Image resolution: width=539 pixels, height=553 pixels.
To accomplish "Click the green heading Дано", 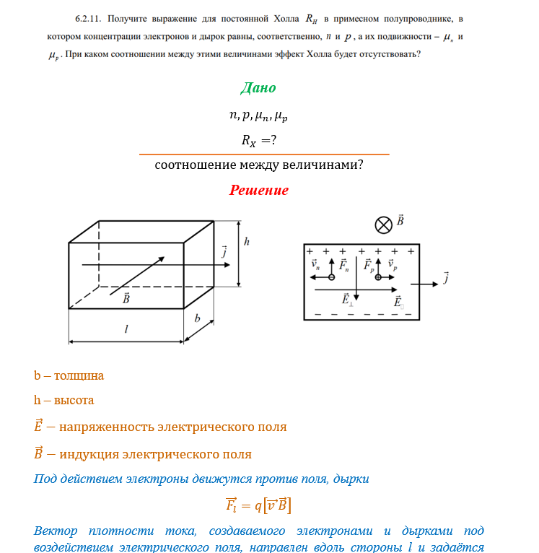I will (x=258, y=88).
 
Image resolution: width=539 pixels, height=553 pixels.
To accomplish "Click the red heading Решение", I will (x=259, y=191).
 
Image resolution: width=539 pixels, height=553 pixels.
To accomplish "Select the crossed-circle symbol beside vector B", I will (x=383, y=225).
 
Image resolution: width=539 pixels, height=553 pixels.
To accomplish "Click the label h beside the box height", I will (x=247, y=243).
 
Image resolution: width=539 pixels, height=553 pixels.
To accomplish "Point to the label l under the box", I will (x=126, y=329).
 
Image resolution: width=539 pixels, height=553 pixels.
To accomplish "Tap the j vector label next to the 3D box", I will (x=224, y=252).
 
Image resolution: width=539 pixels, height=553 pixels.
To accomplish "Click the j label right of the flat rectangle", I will (x=446, y=276).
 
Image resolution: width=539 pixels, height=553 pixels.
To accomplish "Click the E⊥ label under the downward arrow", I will (x=348, y=299).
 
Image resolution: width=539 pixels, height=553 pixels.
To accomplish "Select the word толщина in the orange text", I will (x=79, y=375).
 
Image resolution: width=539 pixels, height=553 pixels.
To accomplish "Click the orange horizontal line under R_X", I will (x=263, y=154).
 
